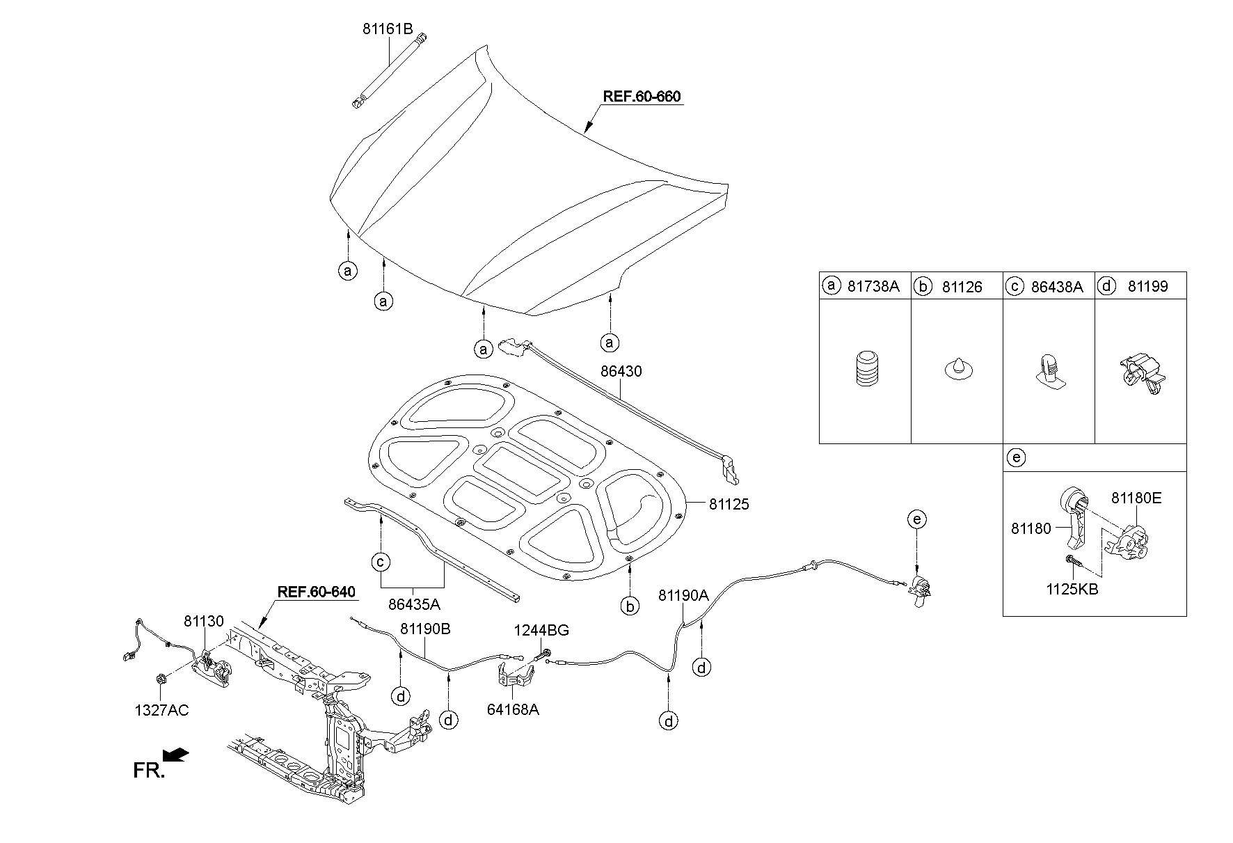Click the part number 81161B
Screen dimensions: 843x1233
click(x=388, y=29)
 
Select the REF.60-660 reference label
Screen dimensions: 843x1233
click(x=641, y=97)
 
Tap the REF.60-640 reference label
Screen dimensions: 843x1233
click(x=316, y=592)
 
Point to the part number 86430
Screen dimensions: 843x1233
click(x=621, y=372)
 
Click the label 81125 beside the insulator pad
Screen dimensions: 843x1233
click(x=729, y=505)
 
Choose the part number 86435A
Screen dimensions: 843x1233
click(x=414, y=605)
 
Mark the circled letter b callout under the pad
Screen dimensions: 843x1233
click(x=630, y=607)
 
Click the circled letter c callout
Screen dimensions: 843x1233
click(x=381, y=562)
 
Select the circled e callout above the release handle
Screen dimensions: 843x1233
click(x=917, y=519)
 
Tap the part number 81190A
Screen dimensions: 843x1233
click(x=683, y=595)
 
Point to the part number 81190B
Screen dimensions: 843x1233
click(x=425, y=629)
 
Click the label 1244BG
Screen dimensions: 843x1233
click(x=541, y=631)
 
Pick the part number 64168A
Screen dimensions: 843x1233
click(x=514, y=709)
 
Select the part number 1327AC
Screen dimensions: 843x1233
click(x=161, y=711)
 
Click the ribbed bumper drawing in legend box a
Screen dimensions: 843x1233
click(x=865, y=368)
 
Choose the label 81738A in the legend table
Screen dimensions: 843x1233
click(x=873, y=286)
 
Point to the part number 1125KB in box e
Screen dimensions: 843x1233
click(x=1072, y=589)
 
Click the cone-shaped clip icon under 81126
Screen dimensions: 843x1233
click(x=957, y=369)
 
